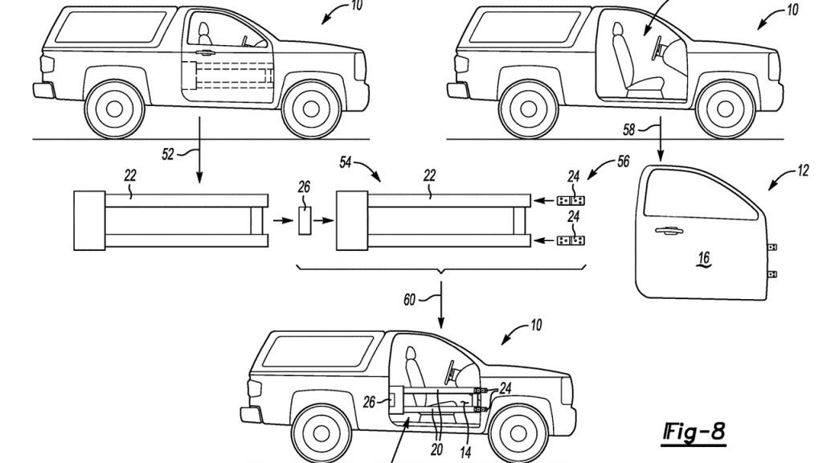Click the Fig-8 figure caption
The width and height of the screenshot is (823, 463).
pos(694,432)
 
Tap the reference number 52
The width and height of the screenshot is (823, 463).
pos(168,154)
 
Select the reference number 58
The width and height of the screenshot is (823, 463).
pos(629,129)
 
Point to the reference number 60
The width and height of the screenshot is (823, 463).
pos(409,300)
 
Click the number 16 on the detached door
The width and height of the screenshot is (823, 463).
pos(704,258)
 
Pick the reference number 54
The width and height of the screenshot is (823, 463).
pos(345,162)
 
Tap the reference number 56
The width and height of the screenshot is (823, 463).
pos(623,161)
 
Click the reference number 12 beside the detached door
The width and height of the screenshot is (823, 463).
pos(803,170)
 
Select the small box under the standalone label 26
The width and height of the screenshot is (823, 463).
pos(305,220)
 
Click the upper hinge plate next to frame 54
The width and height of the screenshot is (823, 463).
pos(571,200)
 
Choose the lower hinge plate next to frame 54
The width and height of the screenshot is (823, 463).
pos(571,240)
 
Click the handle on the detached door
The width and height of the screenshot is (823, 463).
pos(669,230)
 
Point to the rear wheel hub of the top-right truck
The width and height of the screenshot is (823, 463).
pos(529,109)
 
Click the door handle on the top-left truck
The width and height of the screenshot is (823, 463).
pos(205,52)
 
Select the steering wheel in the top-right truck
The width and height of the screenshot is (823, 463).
pos(657,50)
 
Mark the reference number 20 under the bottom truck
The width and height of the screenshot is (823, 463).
pos(436,449)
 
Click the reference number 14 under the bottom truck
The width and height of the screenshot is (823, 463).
pos(465,452)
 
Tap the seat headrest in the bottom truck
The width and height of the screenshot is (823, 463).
pos(410,354)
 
